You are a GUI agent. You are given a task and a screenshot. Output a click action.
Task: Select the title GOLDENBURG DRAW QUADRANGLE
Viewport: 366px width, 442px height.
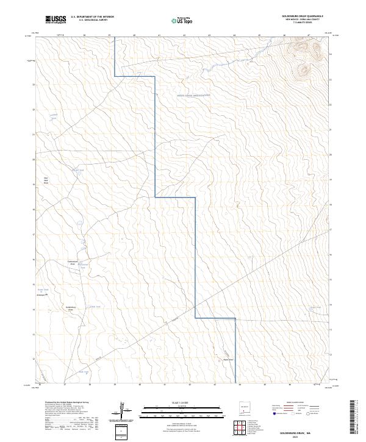click(x=302, y=16)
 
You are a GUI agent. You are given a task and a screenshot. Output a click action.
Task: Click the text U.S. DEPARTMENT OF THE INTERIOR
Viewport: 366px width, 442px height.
click(x=92, y=16)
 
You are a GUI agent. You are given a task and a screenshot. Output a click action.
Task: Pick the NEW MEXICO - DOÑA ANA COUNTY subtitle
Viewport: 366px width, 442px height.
click(x=302, y=20)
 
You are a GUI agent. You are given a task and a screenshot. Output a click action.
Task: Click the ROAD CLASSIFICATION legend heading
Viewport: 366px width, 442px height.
click(x=303, y=403)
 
